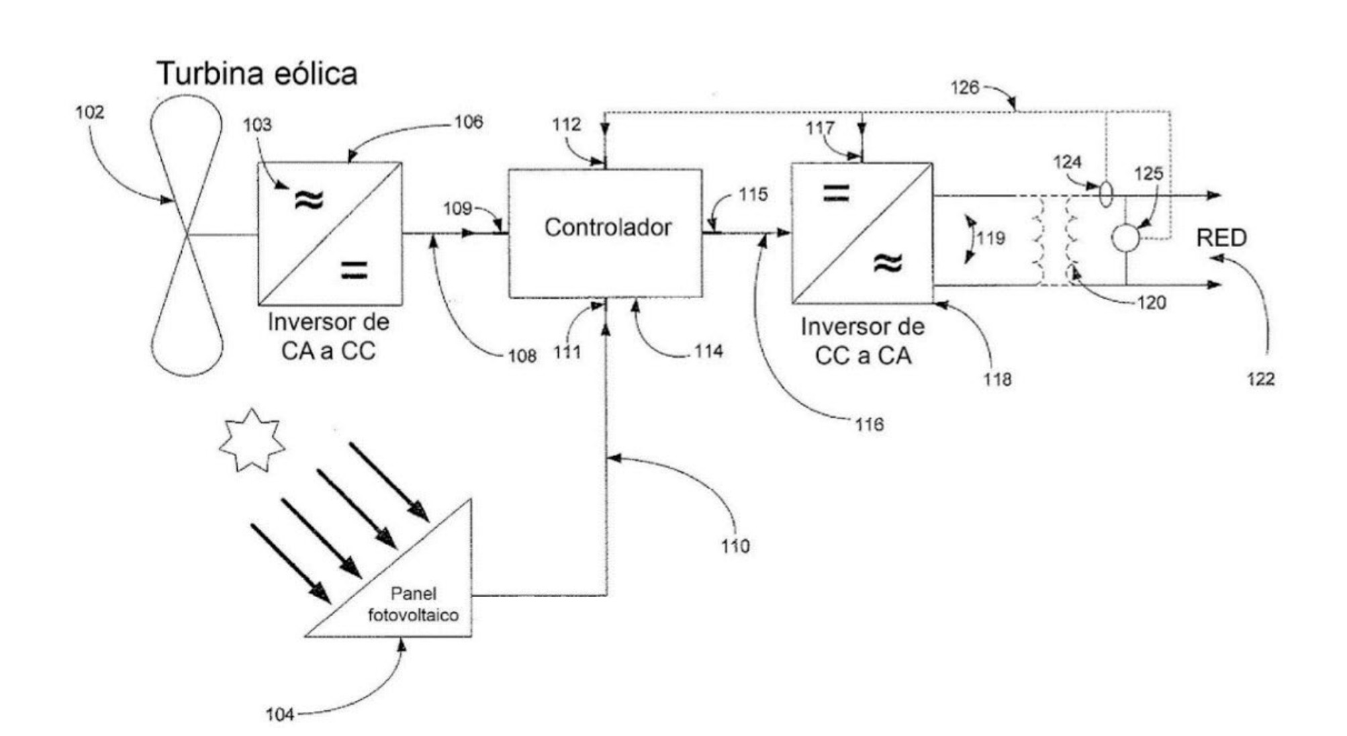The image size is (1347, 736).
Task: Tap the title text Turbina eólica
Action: [257, 73]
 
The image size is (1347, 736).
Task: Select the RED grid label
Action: [1221, 238]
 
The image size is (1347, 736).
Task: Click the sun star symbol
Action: [252, 441]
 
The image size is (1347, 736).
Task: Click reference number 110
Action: [735, 546]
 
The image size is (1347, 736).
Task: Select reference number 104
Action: [279, 715]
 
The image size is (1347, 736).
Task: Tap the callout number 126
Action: [965, 87]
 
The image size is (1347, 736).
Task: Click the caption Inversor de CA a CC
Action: [328, 336]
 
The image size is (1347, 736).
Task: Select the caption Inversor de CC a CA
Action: [863, 341]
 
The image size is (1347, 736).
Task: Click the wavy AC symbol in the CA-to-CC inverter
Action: [309, 199]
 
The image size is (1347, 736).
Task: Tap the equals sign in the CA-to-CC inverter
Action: [354, 269]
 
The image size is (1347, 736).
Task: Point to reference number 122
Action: [1260, 379]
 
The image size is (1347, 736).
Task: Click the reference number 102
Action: [89, 112]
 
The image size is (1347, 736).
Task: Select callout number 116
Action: [869, 424]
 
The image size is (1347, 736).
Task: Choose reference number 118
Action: [997, 379]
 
